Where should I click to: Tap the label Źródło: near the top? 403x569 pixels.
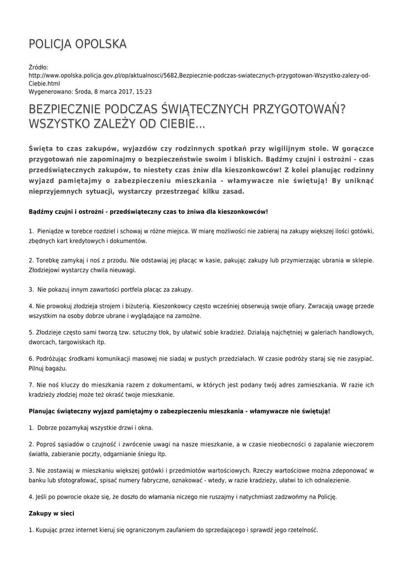(38, 67)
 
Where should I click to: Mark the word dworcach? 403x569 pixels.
(42, 342)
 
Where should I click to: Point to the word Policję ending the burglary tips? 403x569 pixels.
(324, 497)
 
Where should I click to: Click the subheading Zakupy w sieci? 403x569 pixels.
(51, 513)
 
